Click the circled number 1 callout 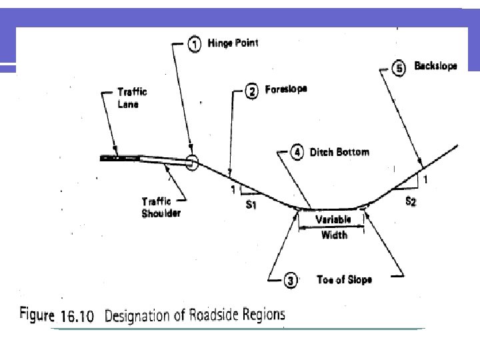(x=193, y=45)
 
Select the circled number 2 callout (x=251, y=92)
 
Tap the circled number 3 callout (x=290, y=281)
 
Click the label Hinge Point (x=232, y=44)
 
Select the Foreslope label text (x=286, y=89)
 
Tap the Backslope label (x=435, y=67)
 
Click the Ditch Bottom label (x=339, y=153)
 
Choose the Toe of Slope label (x=344, y=280)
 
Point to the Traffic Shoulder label (x=161, y=207)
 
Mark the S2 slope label (x=411, y=201)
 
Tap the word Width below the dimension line (x=333, y=235)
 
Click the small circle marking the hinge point (x=192, y=161)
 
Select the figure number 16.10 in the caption (x=80, y=316)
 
